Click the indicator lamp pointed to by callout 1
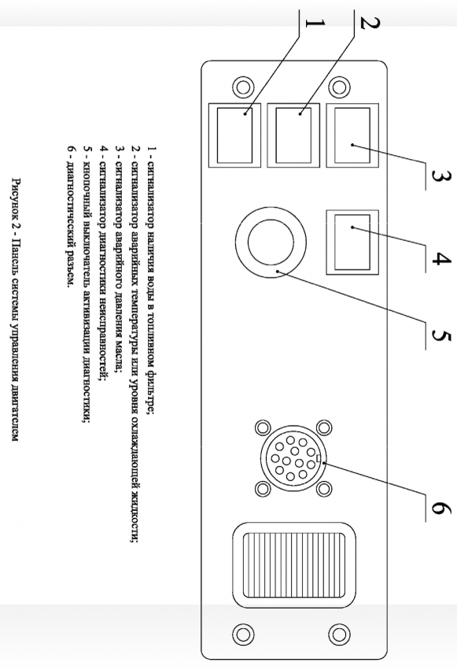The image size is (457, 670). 234,135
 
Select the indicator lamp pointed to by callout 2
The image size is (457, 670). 293,135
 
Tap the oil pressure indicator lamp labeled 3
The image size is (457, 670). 352,135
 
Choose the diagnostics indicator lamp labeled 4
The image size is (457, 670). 352,242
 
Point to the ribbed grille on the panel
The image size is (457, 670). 294,565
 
